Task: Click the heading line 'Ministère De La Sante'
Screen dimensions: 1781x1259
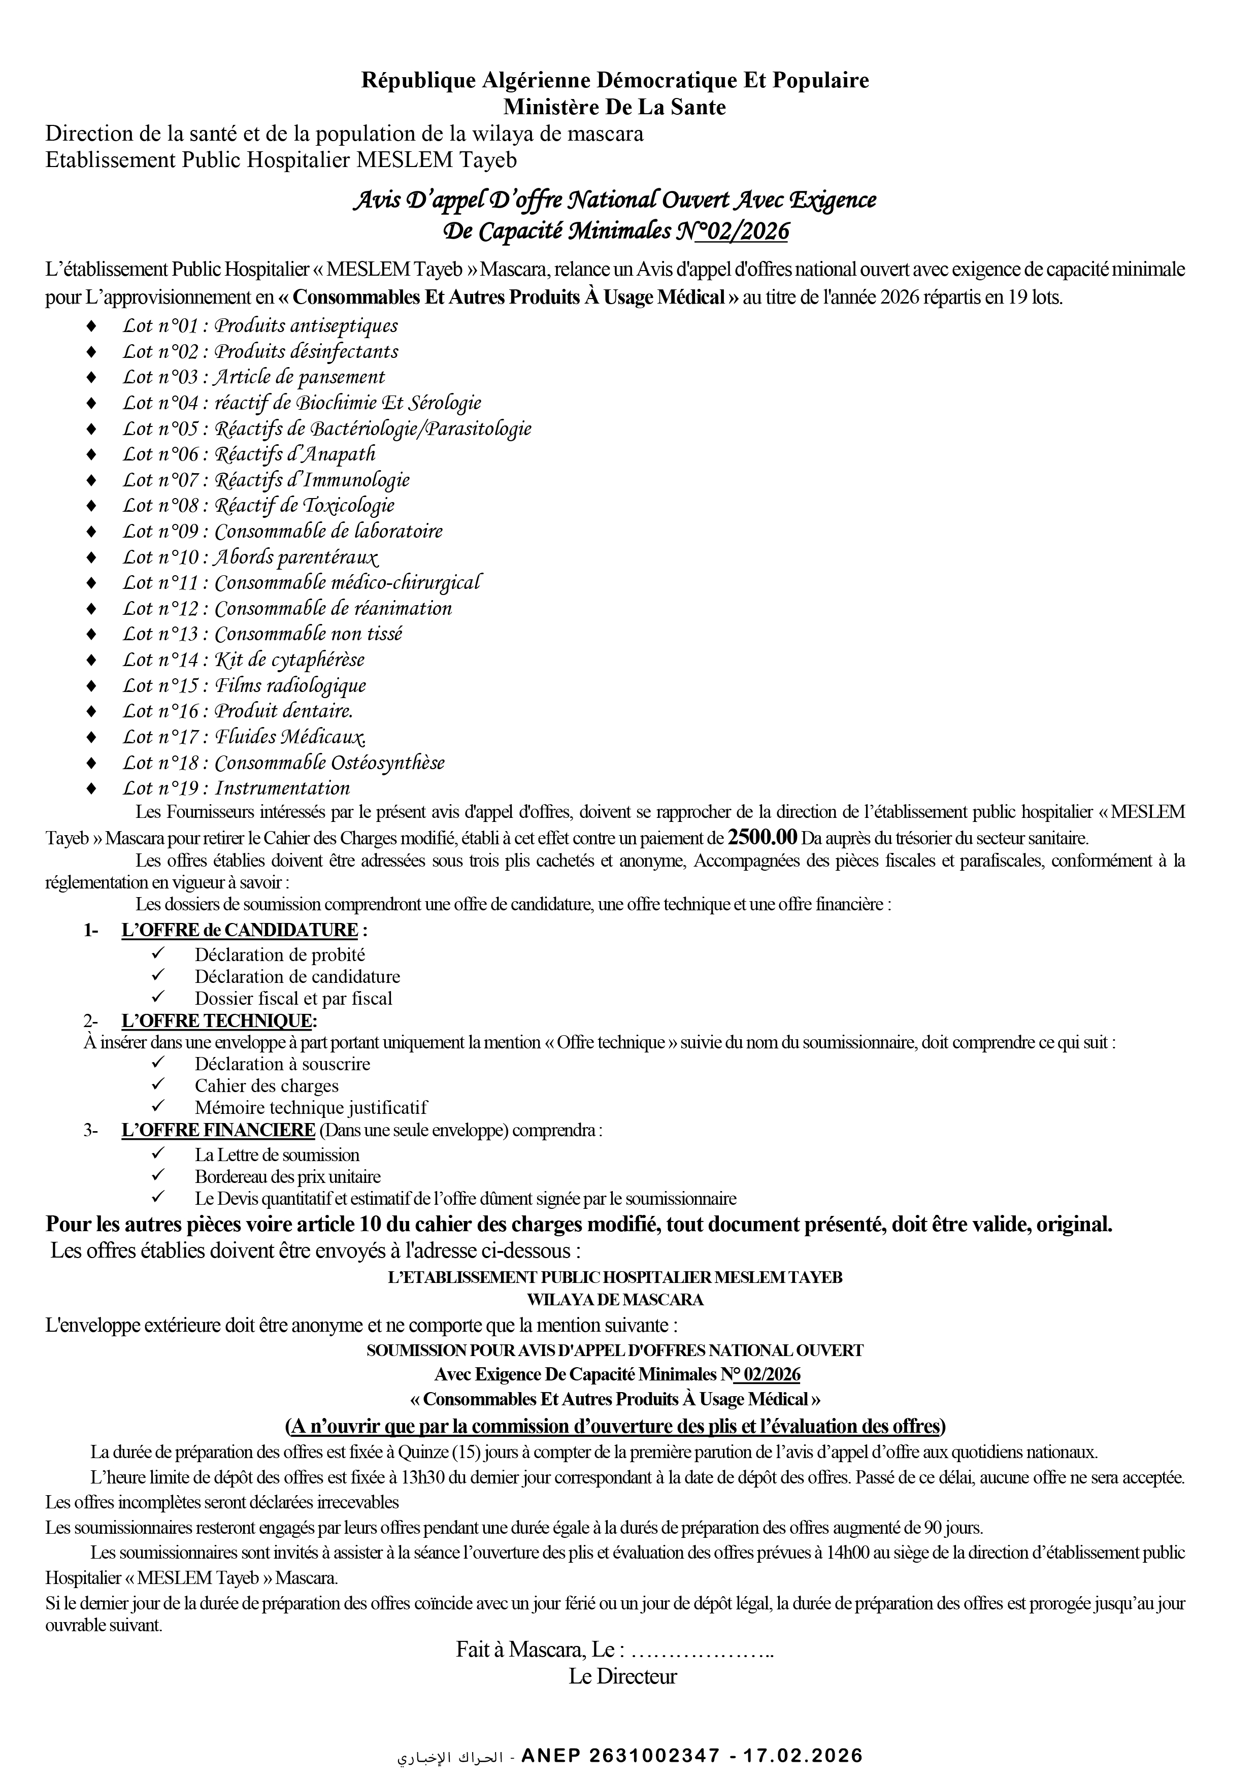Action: (614, 107)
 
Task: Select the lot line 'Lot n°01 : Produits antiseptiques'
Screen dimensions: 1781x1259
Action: (260, 326)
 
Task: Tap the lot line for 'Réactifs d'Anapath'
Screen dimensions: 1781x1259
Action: (248, 454)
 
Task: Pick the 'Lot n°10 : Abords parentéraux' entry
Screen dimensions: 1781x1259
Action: (250, 557)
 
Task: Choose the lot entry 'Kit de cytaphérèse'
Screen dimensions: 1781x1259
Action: (243, 660)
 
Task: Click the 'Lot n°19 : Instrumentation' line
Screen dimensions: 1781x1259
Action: (236, 788)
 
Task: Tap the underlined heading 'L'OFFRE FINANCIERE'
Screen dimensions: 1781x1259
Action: (218, 1130)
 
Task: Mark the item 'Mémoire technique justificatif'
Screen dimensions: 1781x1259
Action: (310, 1108)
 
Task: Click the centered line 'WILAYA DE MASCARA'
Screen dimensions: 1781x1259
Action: (614, 1299)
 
